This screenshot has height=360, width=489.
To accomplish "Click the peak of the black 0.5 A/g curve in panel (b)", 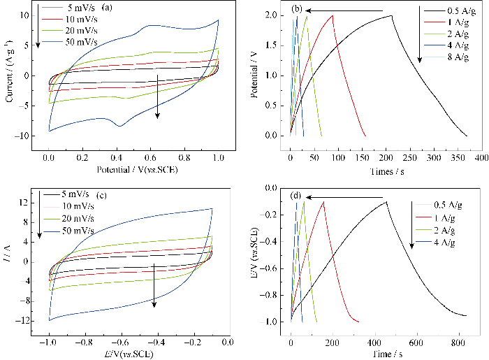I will pos(391,15).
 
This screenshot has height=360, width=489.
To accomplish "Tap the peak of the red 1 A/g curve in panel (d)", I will pos(324,201).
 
